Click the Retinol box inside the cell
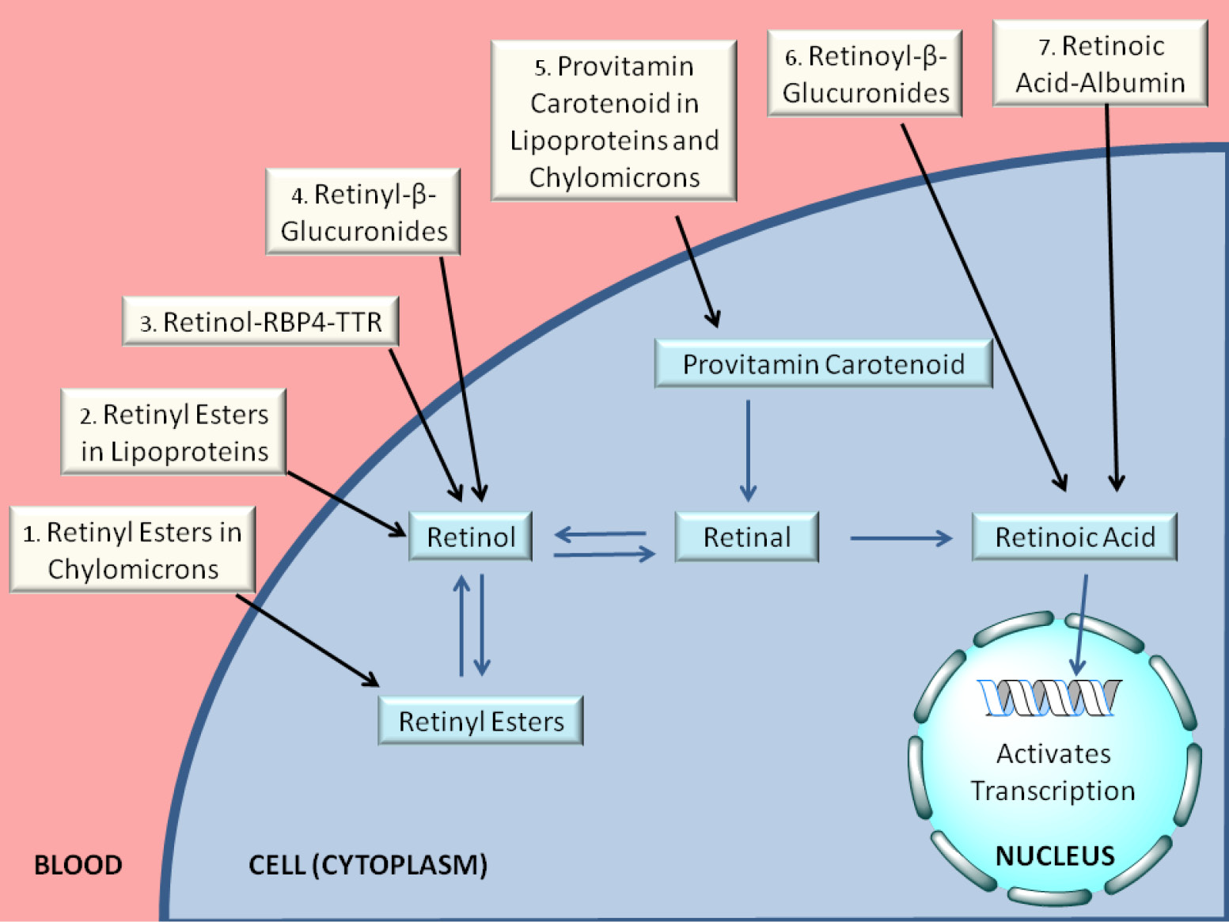coord(470,537)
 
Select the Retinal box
coord(747,537)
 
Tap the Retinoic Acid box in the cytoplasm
coord(1075,537)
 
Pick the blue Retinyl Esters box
coord(480,720)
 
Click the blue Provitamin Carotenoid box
coord(824,364)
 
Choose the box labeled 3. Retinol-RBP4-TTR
coord(261,321)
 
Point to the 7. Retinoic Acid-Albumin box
coord(1100,63)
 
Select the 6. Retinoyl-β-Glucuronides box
coord(864,74)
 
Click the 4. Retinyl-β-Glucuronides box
coord(362,212)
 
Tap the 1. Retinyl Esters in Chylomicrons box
coord(133,550)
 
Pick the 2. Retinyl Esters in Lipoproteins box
coord(173,432)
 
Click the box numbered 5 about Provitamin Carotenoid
coord(613,120)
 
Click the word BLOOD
coord(78,865)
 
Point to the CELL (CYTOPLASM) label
coord(368,866)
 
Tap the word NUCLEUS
coord(1055,856)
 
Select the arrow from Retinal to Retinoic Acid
coord(901,538)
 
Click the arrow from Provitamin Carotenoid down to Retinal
coord(748,450)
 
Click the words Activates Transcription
coord(1053,772)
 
